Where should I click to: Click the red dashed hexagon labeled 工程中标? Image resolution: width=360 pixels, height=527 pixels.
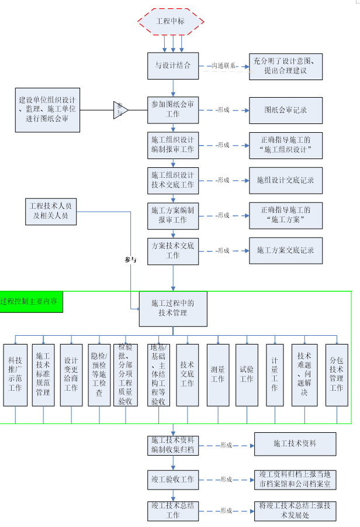(171, 22)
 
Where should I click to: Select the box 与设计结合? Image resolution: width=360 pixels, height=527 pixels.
(173, 66)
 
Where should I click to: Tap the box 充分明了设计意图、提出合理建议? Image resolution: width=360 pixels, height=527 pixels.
(285, 66)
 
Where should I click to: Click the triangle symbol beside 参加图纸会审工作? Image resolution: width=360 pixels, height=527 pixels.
(120, 109)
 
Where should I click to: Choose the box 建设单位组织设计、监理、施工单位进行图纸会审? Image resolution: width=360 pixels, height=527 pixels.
(47, 109)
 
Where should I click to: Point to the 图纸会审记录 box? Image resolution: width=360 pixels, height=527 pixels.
(285, 109)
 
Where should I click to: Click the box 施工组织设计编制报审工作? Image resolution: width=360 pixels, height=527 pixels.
(173, 145)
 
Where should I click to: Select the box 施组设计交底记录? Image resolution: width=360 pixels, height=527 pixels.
(285, 180)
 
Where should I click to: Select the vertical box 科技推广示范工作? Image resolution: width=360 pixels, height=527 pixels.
(15, 374)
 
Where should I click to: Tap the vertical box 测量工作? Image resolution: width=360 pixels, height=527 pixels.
(218, 374)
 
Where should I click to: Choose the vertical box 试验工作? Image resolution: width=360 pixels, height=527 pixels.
(247, 374)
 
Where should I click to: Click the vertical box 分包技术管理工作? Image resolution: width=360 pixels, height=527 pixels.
(337, 374)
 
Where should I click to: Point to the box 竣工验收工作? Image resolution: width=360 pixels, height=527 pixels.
(173, 479)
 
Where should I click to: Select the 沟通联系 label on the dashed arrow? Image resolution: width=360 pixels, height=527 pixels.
(224, 66)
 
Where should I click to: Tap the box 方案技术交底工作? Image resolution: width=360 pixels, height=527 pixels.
(173, 250)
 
